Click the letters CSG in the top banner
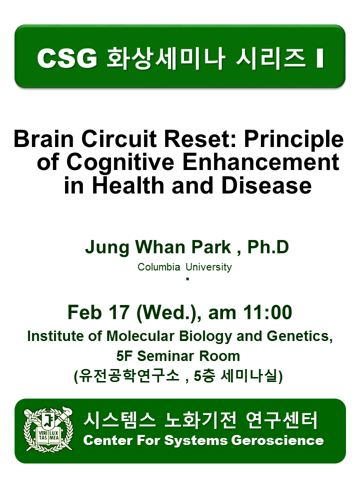[67, 58]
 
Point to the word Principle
[294, 140]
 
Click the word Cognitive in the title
[120, 163]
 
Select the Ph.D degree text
[268, 247]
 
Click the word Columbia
[158, 267]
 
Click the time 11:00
[267, 312]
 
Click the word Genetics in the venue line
[299, 336]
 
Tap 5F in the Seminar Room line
[125, 356]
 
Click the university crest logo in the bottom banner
[48, 429]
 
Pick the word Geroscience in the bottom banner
[277, 440]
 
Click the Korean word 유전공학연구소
[129, 375]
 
